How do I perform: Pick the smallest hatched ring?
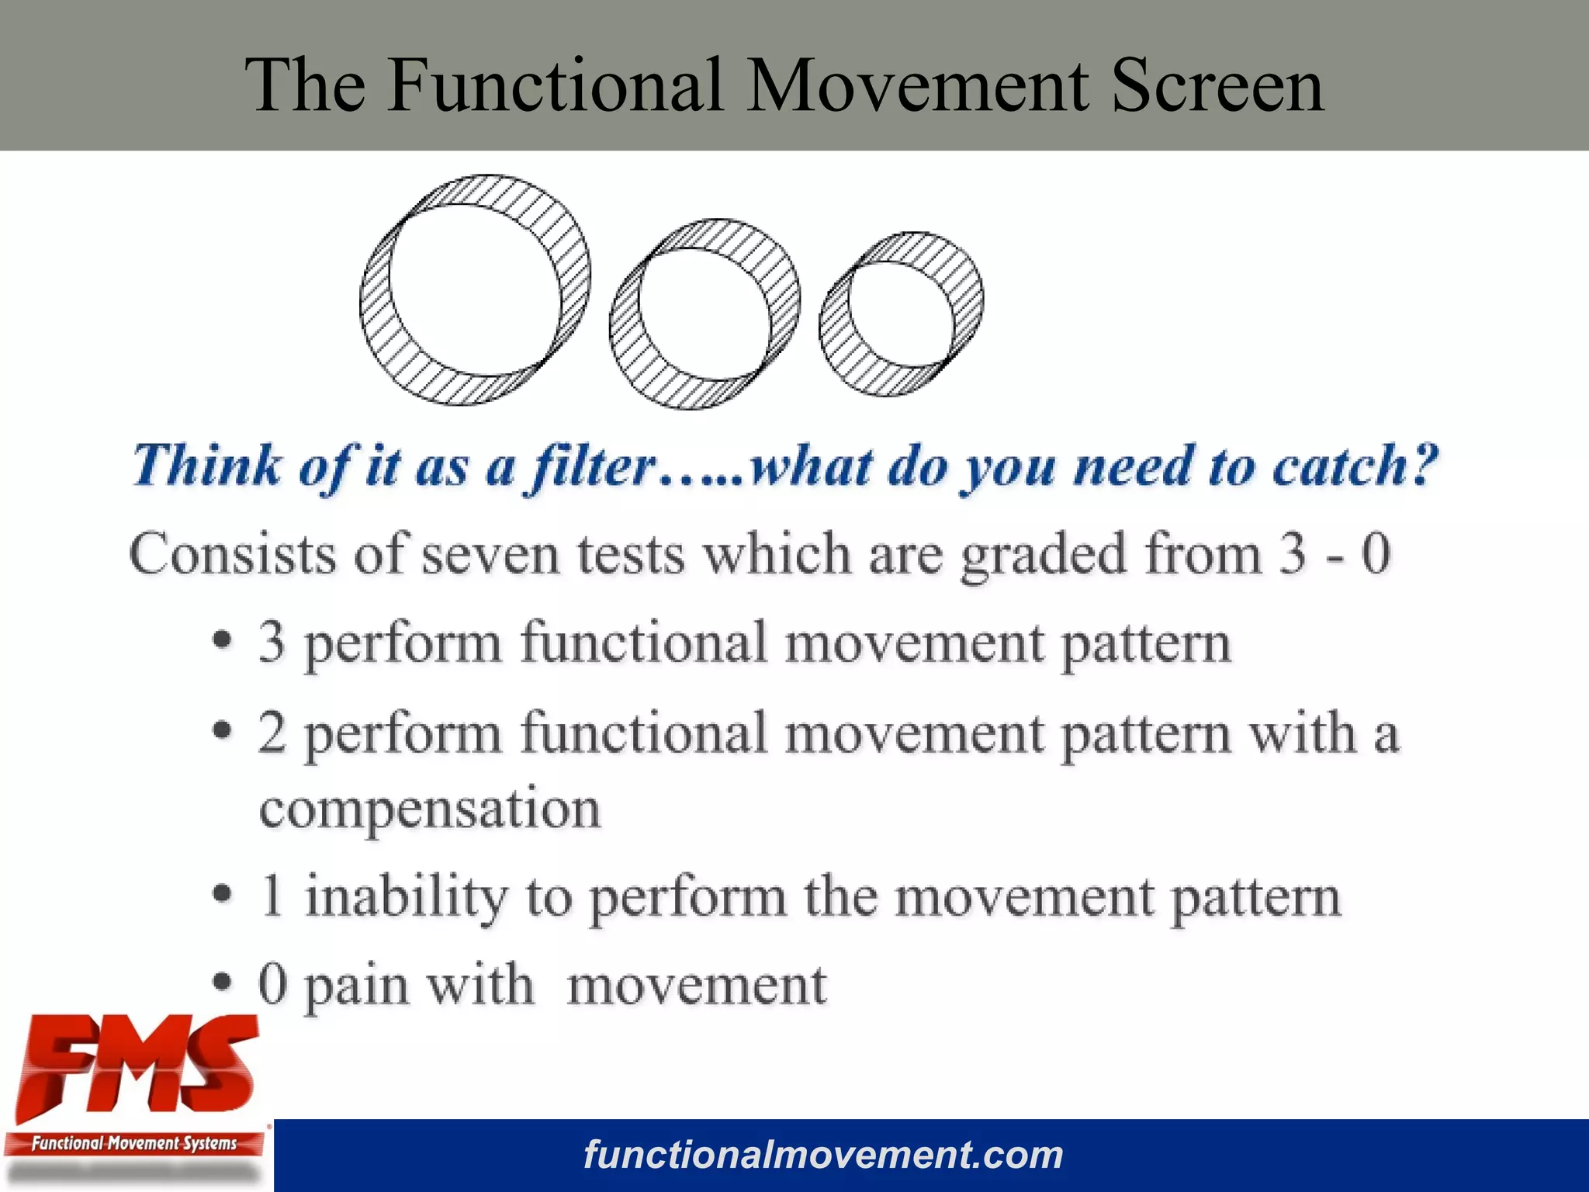pos(833,326)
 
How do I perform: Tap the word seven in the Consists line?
pos(490,555)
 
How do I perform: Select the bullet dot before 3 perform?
pos(223,641)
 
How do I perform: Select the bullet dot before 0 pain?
pos(223,982)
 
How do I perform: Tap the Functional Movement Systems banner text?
pos(133,1143)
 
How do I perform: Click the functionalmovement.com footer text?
pos(823,1155)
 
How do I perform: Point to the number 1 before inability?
pos(272,896)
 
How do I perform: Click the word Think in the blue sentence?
pos(206,466)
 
